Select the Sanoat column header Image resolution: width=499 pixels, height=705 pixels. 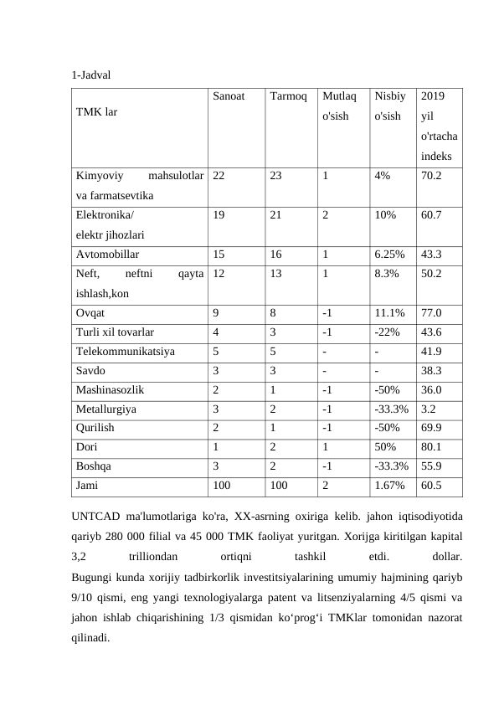(228, 96)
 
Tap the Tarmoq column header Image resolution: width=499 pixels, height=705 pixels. (288, 96)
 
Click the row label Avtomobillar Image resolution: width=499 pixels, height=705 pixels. (108, 254)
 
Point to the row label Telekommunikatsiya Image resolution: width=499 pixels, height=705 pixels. (126, 352)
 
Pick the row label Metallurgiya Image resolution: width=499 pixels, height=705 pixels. (106, 410)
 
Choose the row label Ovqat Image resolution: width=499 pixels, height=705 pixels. (90, 314)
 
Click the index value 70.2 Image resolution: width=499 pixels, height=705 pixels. (432, 177)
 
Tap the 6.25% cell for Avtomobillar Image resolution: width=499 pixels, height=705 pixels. (390, 254)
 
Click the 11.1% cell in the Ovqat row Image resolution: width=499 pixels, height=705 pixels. (389, 314)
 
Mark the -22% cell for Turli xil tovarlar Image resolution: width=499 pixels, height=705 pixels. (387, 333)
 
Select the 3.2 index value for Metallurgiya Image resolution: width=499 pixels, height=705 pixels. (429, 410)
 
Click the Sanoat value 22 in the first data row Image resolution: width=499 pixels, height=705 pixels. (219, 177)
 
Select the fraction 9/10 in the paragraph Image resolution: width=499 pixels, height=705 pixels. (85, 598)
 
